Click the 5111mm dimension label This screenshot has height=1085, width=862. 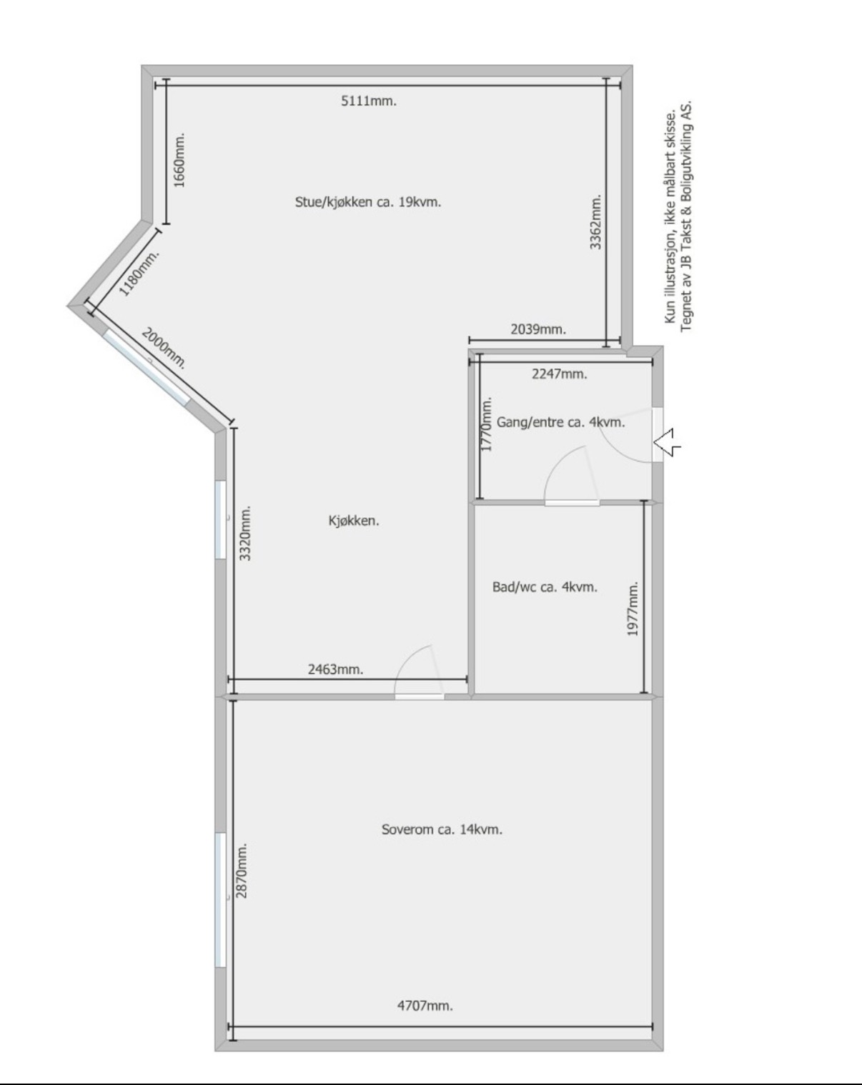coord(369,101)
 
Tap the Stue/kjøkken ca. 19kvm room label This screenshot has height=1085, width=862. coord(368,202)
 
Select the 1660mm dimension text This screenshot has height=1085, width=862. coord(179,160)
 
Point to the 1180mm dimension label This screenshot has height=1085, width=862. coord(139,273)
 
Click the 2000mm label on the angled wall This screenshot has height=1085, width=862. coord(164,348)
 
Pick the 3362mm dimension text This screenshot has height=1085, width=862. coord(596,222)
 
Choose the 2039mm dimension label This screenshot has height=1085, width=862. coord(538,329)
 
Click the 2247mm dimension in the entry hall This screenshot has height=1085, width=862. coord(560,374)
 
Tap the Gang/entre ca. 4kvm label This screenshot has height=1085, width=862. coord(560,422)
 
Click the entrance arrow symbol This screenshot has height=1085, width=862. coord(667,442)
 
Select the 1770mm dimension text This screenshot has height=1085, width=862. coord(486,424)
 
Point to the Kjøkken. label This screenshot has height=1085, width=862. coord(354,521)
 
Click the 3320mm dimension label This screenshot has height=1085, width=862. coord(246,533)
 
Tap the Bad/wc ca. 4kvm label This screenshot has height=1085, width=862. coord(545,587)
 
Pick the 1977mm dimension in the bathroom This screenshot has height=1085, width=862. coord(633,609)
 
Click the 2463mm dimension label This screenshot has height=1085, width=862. coord(336,669)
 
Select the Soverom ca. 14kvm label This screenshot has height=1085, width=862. coord(442,829)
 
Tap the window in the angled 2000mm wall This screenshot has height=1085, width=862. coord(147,367)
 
